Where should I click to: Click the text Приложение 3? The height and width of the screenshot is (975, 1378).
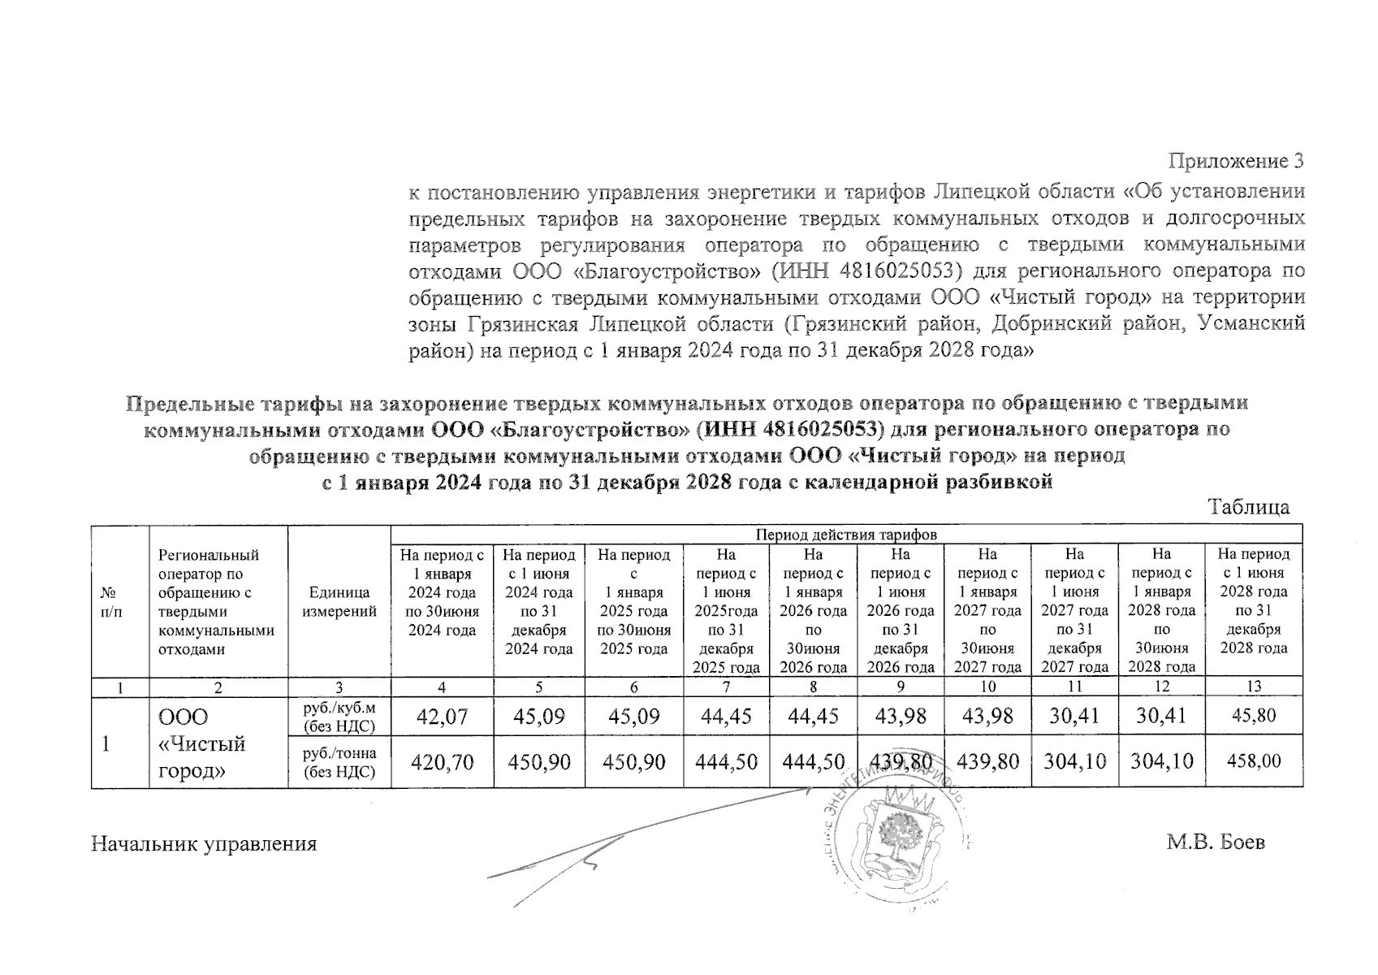1235,161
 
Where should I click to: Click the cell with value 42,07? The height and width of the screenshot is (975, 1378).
442,716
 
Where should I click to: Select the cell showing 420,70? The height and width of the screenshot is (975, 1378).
442,761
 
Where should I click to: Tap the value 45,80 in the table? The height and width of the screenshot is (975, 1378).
1254,716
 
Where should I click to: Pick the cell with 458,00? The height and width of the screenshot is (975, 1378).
1254,761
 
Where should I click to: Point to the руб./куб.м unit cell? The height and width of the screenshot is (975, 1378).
339,716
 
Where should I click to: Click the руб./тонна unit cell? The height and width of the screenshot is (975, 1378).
339,761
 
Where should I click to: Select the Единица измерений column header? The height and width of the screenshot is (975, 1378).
339,602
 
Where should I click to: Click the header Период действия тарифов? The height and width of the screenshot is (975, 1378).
846,535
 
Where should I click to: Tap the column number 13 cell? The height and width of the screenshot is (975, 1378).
1254,687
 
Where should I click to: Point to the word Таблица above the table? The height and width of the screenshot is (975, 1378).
1249,507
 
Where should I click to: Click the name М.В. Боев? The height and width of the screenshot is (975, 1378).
1216,843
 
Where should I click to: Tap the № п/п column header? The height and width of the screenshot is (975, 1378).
120,602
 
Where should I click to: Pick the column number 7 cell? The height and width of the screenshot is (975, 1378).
726,687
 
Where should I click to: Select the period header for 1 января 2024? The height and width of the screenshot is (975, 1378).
442,592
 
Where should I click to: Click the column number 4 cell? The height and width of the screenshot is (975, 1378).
442,687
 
